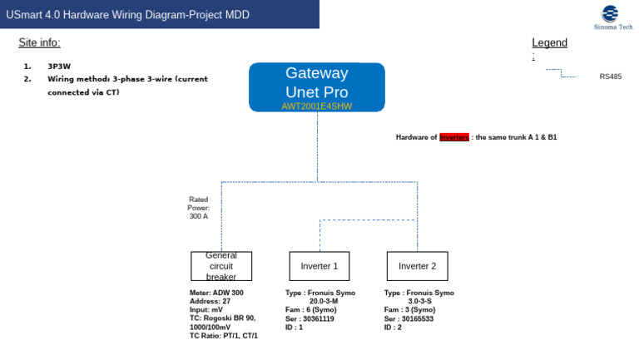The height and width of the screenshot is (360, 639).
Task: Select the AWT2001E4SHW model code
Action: [x=317, y=106]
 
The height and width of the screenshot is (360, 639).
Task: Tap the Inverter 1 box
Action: [x=319, y=266]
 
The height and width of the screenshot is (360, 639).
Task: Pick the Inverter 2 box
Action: [x=417, y=266]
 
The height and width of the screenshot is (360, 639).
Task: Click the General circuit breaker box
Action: [x=221, y=266]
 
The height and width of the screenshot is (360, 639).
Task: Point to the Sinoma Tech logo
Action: [x=612, y=17]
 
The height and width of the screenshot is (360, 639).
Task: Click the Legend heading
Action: [x=549, y=43]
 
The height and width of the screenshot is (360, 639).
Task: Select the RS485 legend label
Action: [x=610, y=76]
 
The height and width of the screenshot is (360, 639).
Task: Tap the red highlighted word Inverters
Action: [x=454, y=136]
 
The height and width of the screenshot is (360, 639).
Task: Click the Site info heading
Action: [x=39, y=42]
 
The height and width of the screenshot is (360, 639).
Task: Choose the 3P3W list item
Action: [x=58, y=66]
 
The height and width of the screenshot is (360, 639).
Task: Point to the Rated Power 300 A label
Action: [x=199, y=208]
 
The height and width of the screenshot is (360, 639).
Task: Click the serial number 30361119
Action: [x=318, y=318]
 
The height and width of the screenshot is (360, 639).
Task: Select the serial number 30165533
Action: [x=417, y=318]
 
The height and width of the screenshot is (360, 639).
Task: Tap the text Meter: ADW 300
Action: [x=216, y=293]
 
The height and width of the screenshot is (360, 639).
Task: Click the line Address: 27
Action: [x=210, y=301]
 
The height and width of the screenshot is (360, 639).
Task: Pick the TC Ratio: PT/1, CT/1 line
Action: [x=223, y=335]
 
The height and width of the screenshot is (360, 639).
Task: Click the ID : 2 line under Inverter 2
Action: [x=393, y=327]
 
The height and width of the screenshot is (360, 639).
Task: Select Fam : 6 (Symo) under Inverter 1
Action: [x=310, y=309]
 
